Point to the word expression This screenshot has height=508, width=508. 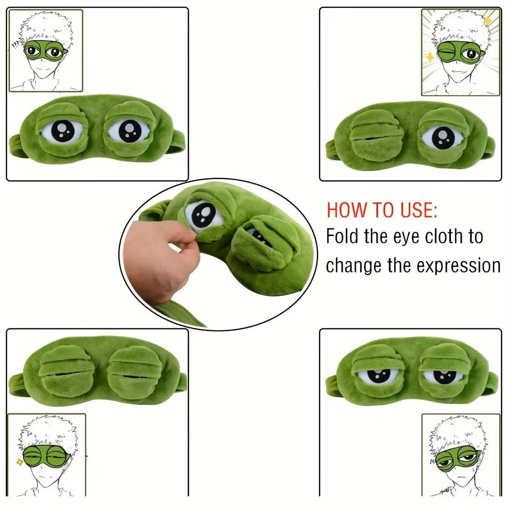coord(458,265)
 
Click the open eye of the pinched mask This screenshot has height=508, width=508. coord(203,216)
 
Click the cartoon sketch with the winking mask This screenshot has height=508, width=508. coord(460,52)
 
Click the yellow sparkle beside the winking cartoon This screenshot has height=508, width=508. coord(430,58)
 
